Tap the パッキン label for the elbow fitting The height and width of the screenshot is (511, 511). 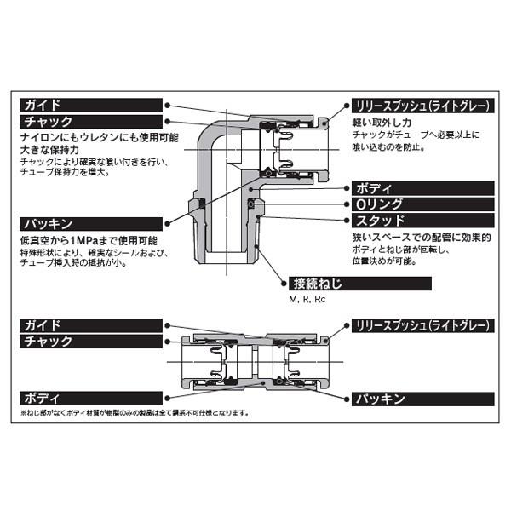point(46,224)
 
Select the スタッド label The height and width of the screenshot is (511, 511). point(376,221)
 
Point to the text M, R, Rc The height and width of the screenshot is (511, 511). point(307,299)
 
